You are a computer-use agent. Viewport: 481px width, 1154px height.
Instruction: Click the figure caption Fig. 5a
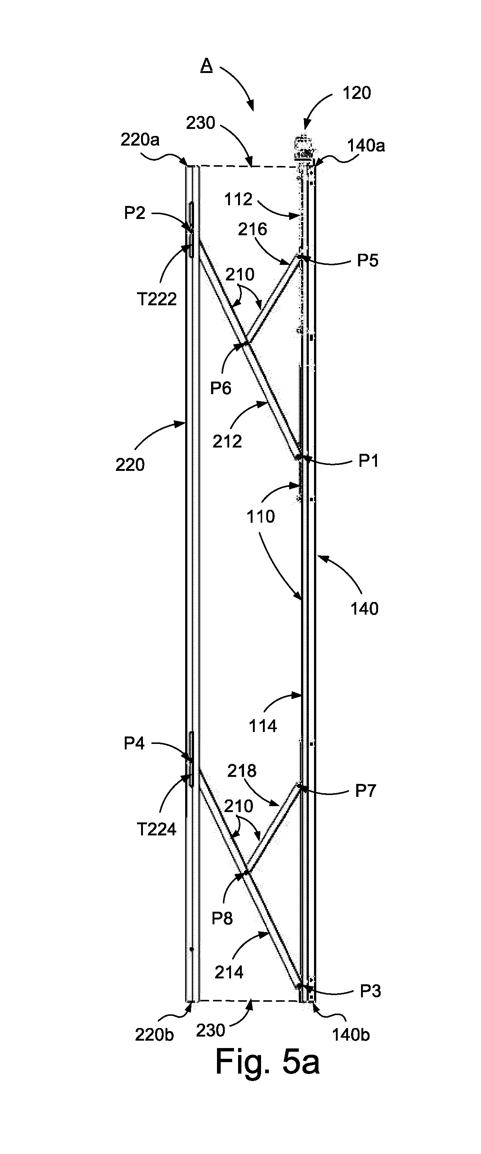coord(267,1062)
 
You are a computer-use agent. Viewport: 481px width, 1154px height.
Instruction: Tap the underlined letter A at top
coord(207,66)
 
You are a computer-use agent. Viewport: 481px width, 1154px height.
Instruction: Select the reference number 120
coord(357,93)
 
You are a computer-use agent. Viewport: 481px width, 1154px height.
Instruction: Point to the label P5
coord(368,261)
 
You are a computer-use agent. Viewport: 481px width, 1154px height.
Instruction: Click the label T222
coord(157,299)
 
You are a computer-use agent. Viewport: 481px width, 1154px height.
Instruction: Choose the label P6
coord(221,388)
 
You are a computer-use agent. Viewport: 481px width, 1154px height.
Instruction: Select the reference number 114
coord(263,726)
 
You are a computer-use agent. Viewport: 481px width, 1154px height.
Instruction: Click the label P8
coord(222,919)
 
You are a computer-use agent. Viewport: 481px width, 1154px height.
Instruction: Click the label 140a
coord(366,146)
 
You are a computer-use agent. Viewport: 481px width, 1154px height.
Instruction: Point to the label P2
coord(135,213)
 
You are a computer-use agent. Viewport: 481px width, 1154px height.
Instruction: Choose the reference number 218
coord(242,771)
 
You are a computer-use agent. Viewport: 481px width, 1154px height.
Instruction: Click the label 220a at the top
coord(140,140)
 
